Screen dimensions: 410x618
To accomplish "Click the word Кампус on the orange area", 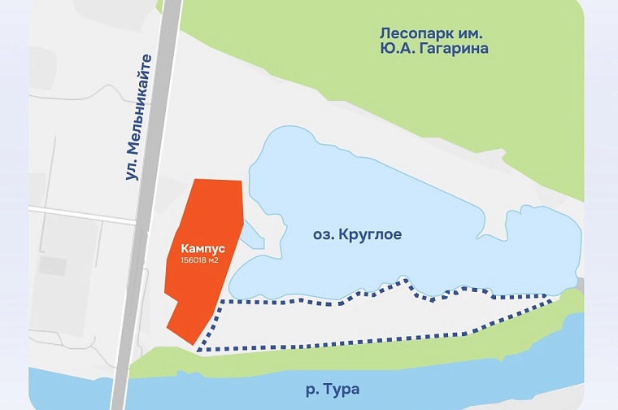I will pos(198,247).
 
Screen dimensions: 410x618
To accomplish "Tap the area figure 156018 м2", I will pos(198,260).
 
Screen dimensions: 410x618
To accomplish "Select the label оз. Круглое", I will pos(358,234).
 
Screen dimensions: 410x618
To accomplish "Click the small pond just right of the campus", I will pos(252,236).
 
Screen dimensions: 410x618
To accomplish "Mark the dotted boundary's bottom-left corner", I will pos(198,350).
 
